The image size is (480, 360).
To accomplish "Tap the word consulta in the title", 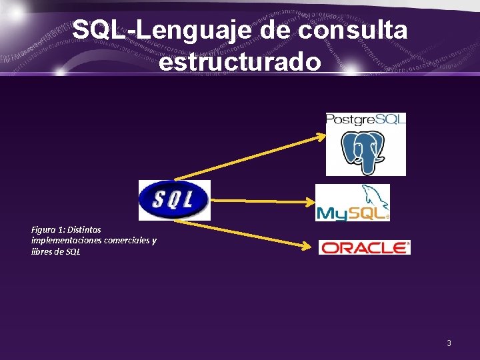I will coord(353,30).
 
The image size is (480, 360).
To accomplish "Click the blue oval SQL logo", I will coord(174,199).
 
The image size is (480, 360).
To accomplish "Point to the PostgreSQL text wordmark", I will coord(365,120).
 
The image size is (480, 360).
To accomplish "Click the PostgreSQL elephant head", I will coord(364,151).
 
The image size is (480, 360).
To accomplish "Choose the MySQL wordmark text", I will coord(351,213).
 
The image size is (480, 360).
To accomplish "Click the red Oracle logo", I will coord(364,247).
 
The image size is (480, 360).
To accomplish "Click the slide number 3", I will coord(449,343).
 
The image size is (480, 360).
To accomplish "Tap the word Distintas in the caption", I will coord(84,229).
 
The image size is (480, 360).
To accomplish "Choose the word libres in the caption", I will coord(42,252).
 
